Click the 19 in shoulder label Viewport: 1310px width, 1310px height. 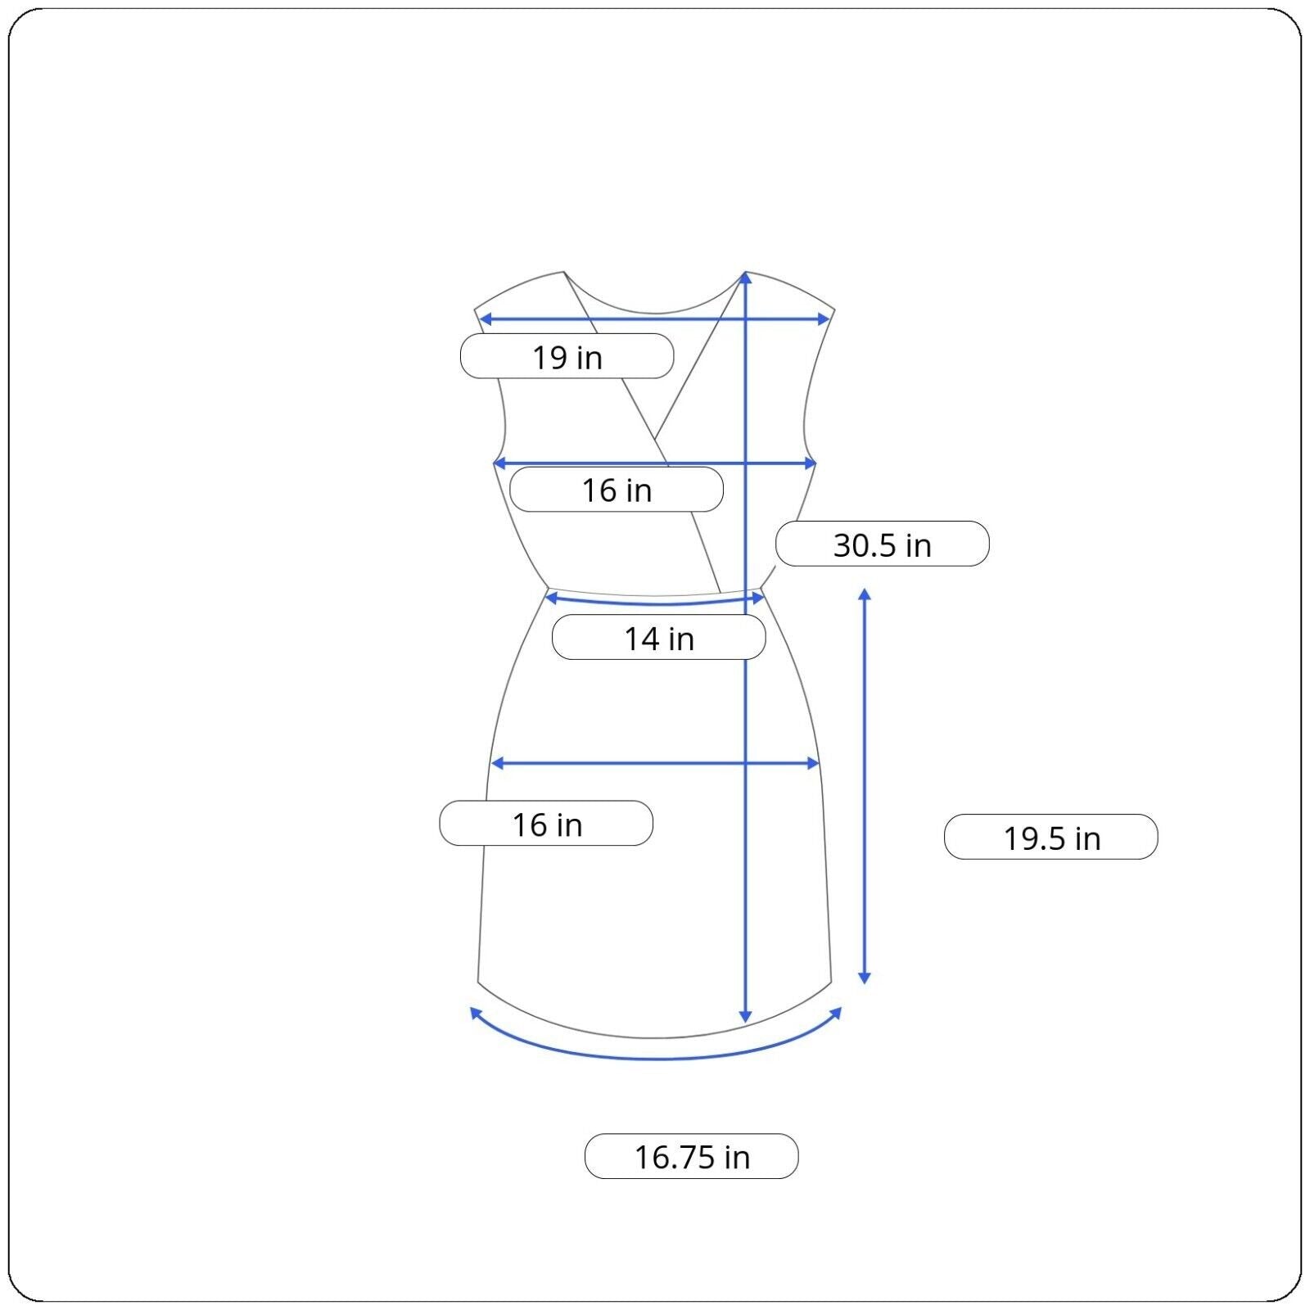click(x=567, y=356)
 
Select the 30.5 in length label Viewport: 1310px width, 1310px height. click(x=882, y=544)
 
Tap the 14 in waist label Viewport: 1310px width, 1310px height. click(x=658, y=638)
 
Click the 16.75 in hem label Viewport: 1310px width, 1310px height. click(x=691, y=1156)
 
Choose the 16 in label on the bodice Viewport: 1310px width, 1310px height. click(x=616, y=490)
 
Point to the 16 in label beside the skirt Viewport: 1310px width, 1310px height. click(x=546, y=823)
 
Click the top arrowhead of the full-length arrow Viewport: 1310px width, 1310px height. click(x=745, y=278)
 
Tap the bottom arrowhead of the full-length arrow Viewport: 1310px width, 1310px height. click(x=745, y=1016)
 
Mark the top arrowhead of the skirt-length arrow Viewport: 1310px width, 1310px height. click(x=864, y=594)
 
